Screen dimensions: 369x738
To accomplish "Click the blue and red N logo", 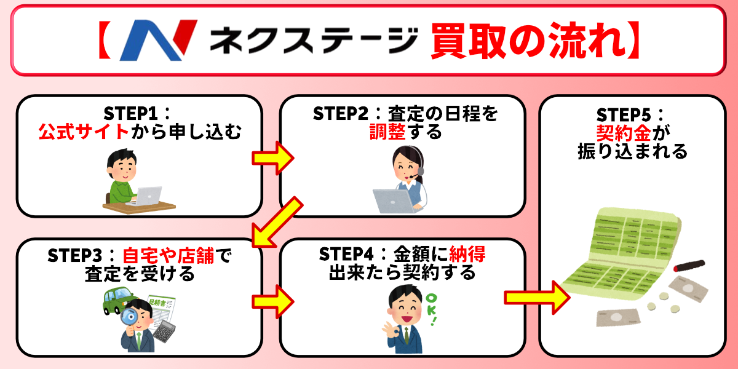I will click(158, 41).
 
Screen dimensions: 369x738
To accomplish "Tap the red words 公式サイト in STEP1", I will click(84, 132).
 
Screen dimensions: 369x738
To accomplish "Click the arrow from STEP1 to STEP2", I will click(272, 159).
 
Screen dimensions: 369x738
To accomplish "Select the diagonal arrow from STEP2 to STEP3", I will click(276, 222).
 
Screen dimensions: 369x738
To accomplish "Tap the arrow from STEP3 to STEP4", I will click(272, 301).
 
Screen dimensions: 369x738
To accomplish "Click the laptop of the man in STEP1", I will click(147, 196).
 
